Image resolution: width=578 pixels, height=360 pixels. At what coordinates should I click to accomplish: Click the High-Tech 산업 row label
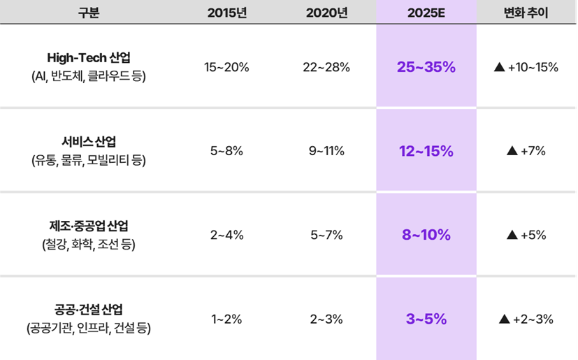[x=89, y=57]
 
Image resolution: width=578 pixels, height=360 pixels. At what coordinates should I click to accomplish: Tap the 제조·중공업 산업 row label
[x=89, y=226]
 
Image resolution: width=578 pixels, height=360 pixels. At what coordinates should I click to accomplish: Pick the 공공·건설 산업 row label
[x=89, y=310]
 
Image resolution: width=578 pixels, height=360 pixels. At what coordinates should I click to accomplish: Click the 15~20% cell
[x=227, y=67]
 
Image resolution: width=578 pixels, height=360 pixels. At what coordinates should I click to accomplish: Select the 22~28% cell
[x=326, y=67]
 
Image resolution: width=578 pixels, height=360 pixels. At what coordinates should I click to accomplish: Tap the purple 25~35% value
[x=426, y=67]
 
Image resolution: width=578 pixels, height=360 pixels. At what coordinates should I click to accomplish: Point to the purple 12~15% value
[x=426, y=151]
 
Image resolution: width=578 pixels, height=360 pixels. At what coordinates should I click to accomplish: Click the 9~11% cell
[x=326, y=151]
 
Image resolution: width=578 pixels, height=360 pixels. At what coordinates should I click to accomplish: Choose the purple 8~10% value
[x=426, y=235]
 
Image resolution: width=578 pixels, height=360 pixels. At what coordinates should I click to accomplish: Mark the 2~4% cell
[x=227, y=235]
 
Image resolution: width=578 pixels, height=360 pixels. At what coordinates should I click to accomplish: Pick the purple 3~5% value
[x=426, y=319]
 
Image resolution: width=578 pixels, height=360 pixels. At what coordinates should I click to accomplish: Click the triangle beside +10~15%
[x=499, y=67]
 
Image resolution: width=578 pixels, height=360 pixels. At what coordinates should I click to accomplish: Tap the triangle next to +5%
[x=512, y=235]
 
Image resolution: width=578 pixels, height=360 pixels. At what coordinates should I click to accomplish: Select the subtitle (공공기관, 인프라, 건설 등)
[x=89, y=328]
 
